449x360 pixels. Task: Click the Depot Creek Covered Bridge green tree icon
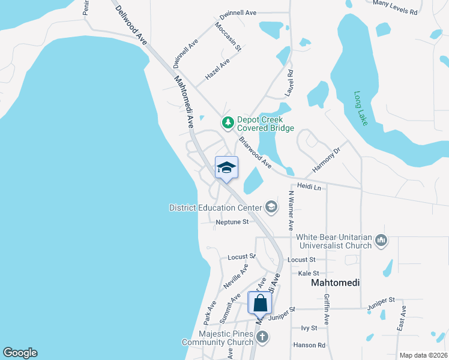pyautogui.click(x=228, y=124)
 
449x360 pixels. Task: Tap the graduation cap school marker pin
pyautogui.click(x=226, y=168)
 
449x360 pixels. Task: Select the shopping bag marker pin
pyautogui.click(x=261, y=302)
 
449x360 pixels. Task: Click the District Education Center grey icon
pyautogui.click(x=271, y=208)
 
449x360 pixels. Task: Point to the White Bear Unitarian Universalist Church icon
pyautogui.click(x=381, y=241)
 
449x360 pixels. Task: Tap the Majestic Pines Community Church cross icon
pyautogui.click(x=262, y=337)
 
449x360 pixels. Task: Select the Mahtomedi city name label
pyautogui.click(x=335, y=283)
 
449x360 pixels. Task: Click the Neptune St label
pyautogui.click(x=232, y=222)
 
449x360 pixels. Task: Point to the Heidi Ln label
pyautogui.click(x=309, y=188)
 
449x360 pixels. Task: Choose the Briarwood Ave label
pyautogui.click(x=255, y=153)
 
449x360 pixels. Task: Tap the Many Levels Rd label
pyautogui.click(x=395, y=7)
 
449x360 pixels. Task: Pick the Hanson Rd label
pyautogui.click(x=309, y=345)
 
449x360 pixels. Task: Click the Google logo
pyautogui.click(x=20, y=353)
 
